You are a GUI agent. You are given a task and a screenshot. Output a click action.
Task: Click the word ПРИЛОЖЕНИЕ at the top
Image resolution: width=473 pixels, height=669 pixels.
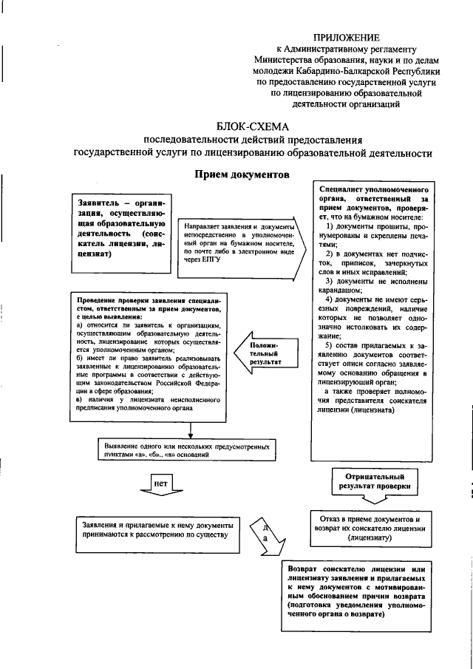[347, 37]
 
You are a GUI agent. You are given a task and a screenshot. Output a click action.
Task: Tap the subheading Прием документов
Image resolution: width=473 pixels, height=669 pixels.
[242, 175]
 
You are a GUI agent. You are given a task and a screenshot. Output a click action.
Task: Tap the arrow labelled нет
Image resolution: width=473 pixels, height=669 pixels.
[160, 484]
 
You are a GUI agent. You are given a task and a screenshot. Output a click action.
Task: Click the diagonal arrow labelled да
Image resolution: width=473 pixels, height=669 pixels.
[266, 540]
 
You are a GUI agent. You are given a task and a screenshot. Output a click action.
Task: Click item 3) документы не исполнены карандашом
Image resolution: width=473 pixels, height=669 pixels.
[375, 286]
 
